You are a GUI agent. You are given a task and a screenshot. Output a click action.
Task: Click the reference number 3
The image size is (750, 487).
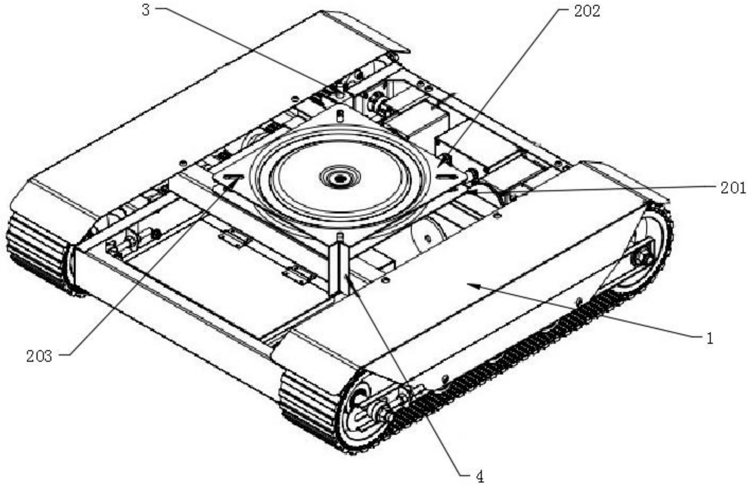pos(146,10)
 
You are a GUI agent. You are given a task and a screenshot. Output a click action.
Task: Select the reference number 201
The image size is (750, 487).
pos(733,188)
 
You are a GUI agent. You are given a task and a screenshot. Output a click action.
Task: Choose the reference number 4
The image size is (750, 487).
pos(479,477)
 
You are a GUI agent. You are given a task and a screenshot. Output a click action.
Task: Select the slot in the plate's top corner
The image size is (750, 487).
pos(340,116)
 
